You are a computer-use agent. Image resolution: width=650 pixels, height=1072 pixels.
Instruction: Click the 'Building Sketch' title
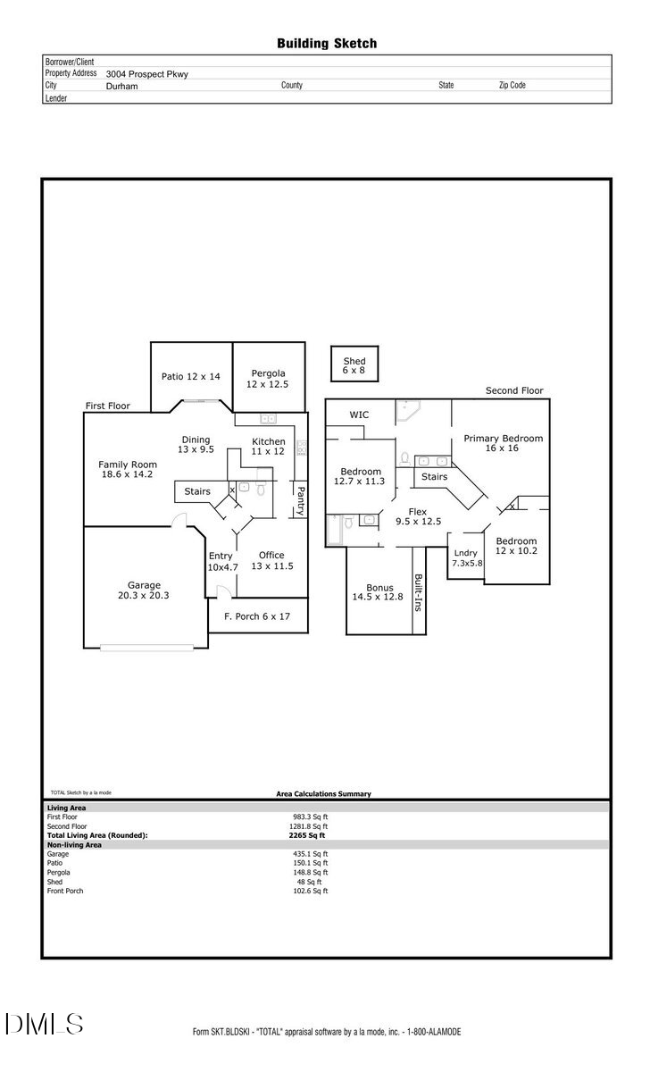[326, 43]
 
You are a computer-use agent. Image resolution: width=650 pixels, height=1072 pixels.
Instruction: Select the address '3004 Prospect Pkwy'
[147, 74]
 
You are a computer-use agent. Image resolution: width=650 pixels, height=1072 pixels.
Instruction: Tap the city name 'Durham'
[121, 87]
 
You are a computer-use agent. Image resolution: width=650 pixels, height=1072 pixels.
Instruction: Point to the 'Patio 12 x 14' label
[190, 377]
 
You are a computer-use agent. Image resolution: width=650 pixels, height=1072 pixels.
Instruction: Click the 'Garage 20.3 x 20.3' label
[144, 590]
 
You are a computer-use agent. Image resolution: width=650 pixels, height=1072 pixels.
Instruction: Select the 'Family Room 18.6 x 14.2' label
[128, 469]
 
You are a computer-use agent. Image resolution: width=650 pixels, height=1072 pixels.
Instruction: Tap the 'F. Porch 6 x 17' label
[257, 616]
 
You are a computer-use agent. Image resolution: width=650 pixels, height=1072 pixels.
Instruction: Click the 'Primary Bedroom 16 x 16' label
[503, 443]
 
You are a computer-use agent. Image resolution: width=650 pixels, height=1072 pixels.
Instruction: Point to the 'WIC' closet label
[359, 415]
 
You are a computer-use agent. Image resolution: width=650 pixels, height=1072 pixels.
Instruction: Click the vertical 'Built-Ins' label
[418, 590]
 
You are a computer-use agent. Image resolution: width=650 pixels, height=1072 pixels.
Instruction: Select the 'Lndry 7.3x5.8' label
[465, 557]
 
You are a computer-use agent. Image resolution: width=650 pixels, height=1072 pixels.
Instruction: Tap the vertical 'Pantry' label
[301, 499]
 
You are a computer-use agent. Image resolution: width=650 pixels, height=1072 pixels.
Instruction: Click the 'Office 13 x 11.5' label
[271, 560]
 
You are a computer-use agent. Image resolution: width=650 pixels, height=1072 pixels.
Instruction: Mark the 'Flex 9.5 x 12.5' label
[418, 516]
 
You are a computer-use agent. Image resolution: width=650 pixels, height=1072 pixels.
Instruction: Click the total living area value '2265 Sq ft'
[307, 835]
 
